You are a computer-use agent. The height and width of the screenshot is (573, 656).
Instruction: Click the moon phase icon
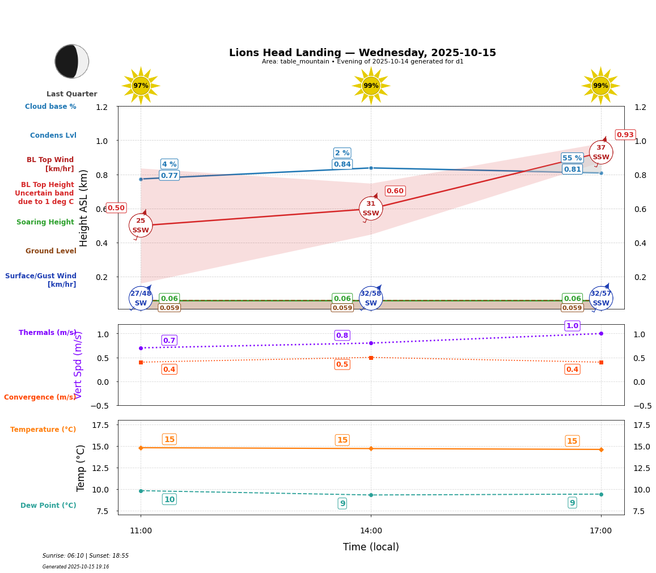pos(71,61)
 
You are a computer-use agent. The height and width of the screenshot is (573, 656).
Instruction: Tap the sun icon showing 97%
pos(141,86)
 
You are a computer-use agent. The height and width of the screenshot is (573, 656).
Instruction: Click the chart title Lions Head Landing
pos(362,53)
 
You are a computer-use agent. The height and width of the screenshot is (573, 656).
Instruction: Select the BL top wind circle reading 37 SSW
pos(600,152)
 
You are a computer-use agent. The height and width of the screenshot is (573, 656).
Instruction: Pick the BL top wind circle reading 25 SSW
pos(141,226)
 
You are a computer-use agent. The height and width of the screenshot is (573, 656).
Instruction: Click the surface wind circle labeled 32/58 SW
pos(371,298)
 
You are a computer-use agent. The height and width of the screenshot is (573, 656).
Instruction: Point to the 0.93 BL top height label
pos(625,135)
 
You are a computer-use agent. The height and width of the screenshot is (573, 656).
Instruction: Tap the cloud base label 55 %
pos(572,158)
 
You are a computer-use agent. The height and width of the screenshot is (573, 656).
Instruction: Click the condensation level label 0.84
pos(342,164)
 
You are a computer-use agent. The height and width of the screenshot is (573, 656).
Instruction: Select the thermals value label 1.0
pos(572,326)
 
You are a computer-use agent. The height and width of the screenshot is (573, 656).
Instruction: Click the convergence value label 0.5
pos(342,364)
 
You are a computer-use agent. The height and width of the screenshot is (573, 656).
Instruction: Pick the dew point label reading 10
pos(169,499)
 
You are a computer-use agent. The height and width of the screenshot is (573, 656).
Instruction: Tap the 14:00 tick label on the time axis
pos(371,531)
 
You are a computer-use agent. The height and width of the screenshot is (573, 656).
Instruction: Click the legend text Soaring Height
pos(45,222)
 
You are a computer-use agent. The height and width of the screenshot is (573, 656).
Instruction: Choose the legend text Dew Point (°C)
pos(48,506)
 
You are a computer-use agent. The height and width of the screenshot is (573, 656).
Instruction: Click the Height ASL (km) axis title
pos(84,207)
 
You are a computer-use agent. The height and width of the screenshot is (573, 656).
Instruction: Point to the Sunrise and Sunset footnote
pos(86,556)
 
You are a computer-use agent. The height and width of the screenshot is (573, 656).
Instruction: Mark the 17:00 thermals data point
pos(601,333)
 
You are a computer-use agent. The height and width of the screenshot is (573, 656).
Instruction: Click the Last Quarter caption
pos(71,94)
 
